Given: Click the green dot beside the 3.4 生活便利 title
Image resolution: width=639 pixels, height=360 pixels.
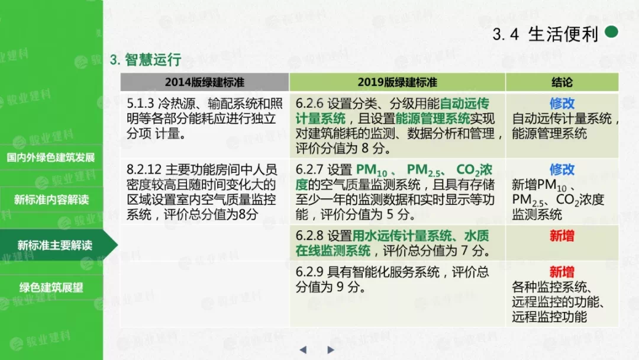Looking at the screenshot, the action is click(611, 32).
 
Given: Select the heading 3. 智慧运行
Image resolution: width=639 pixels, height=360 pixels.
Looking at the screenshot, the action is click(146, 60).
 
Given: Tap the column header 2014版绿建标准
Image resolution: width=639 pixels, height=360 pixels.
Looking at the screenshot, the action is click(205, 82).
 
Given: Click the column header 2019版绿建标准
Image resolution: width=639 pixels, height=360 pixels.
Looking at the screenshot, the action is click(398, 82).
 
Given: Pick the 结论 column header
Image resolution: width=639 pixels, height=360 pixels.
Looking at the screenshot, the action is click(562, 82).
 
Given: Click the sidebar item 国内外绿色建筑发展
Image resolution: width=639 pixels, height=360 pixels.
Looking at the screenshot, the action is click(51, 157).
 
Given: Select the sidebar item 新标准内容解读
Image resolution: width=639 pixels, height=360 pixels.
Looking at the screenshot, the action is click(51, 200).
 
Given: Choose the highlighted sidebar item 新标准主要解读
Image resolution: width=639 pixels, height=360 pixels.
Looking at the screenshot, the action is click(54, 245).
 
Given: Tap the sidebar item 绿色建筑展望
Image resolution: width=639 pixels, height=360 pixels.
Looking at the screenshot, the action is click(51, 287).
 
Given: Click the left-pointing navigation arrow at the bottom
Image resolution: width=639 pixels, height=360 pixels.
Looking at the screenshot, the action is click(303, 350).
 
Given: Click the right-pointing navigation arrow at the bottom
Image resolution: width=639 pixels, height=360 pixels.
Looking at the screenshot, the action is click(331, 350).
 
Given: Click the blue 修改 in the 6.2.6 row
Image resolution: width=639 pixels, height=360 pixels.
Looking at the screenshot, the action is click(562, 104).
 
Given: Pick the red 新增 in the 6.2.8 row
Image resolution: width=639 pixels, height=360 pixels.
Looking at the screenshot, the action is click(562, 236).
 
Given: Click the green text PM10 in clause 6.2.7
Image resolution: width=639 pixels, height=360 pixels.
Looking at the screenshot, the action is click(372, 171).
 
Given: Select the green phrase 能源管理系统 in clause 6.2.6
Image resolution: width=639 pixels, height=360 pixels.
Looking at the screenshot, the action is click(433, 118).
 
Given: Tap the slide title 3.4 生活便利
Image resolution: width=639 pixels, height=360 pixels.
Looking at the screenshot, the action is click(546, 34).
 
